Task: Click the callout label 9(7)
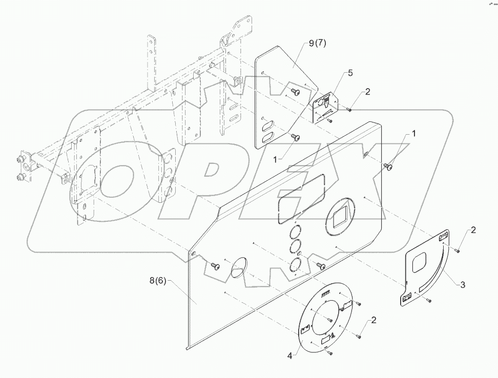pyautogui.click(x=317, y=44)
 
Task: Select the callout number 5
pyautogui.click(x=350, y=73)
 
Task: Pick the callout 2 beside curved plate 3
pyautogui.click(x=473, y=230)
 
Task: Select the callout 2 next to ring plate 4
pyautogui.click(x=374, y=320)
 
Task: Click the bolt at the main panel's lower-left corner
pyautogui.click(x=215, y=266)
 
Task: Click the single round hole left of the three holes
pyautogui.click(x=239, y=268)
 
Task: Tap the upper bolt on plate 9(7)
pyautogui.click(x=295, y=91)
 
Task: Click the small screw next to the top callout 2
pyautogui.click(x=348, y=109)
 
